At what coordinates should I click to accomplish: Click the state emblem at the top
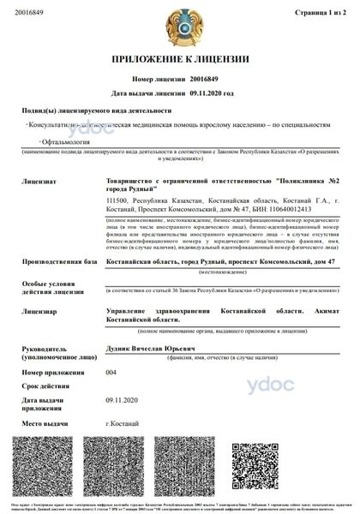179,28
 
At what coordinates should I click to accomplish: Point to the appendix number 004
111,373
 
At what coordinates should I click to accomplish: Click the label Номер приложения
54,373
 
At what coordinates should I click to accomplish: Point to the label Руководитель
48,348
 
